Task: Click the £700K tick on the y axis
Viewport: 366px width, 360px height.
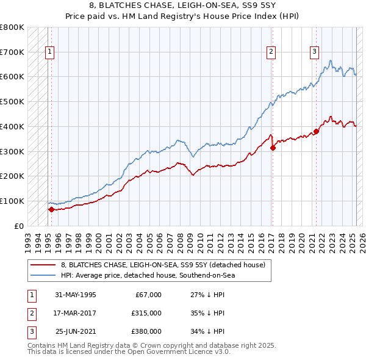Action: coord(12,52)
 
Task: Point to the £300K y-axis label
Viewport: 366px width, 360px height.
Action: coord(12,151)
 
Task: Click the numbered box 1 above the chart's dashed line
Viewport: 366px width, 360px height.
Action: coord(49,52)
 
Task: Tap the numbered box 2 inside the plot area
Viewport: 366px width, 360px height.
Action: coord(270,52)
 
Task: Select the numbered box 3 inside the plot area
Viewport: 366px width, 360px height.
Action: coord(314,52)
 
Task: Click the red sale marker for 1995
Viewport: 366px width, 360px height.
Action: coord(51,209)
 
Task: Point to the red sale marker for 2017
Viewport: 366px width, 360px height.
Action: coord(273,147)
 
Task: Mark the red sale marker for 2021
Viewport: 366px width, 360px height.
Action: coord(317,131)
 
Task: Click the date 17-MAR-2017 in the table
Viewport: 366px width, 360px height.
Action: coord(76,313)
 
